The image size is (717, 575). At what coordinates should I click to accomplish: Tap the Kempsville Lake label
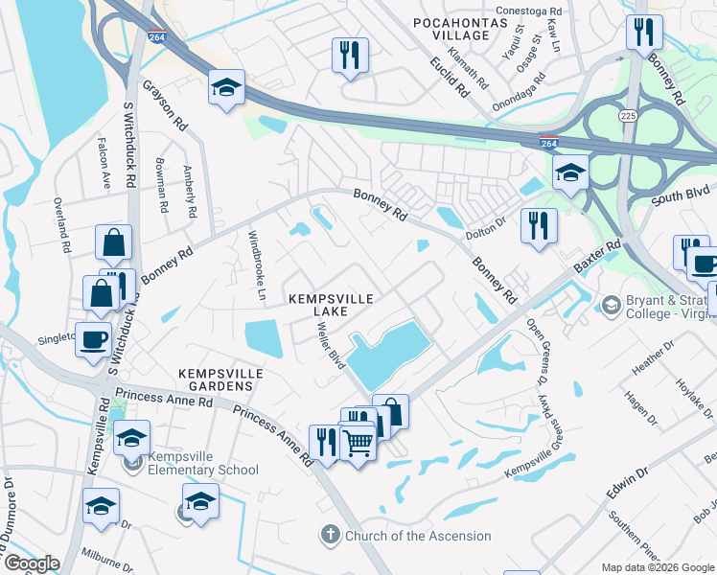[332, 307]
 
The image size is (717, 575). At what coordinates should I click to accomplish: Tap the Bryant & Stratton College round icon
[610, 304]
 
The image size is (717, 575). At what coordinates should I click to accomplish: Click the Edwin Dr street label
[628, 483]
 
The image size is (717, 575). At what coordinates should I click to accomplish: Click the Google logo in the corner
[31, 563]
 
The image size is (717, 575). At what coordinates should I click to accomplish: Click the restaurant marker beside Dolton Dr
[539, 226]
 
